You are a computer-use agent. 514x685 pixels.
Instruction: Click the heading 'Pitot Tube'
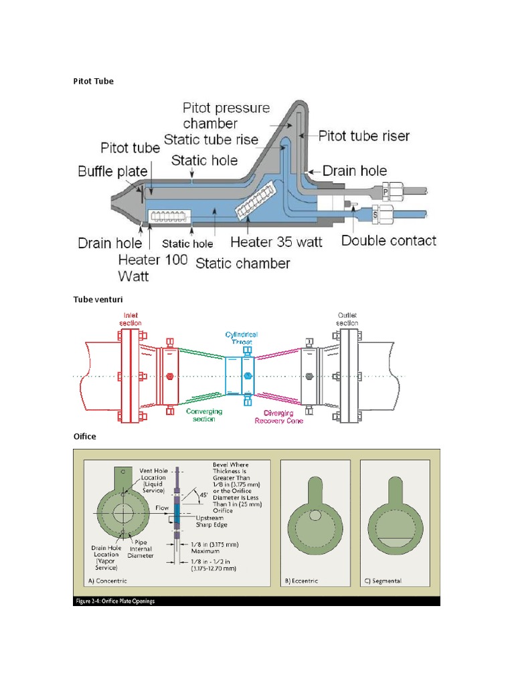93,81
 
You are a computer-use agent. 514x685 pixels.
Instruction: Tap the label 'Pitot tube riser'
363,136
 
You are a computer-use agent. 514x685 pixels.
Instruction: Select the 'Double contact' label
388,240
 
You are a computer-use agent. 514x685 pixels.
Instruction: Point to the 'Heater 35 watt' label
276,241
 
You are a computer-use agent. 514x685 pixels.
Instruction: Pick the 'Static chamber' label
242,263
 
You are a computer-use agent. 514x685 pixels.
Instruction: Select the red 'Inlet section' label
131,318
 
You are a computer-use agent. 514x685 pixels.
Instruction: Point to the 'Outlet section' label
347,318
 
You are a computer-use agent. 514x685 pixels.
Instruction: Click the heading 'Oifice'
84,436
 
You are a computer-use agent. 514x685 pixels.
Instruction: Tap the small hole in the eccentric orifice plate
315,515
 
